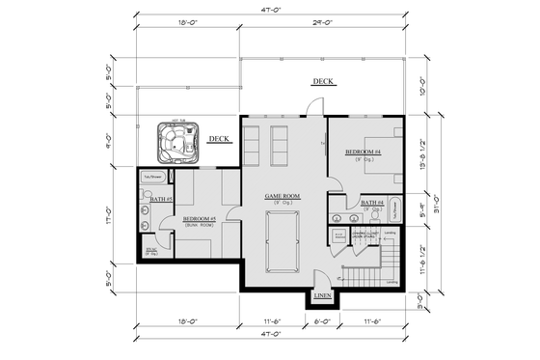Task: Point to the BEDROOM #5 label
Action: pyautogui.click(x=199, y=218)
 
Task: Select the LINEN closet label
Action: pyautogui.click(x=323, y=294)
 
